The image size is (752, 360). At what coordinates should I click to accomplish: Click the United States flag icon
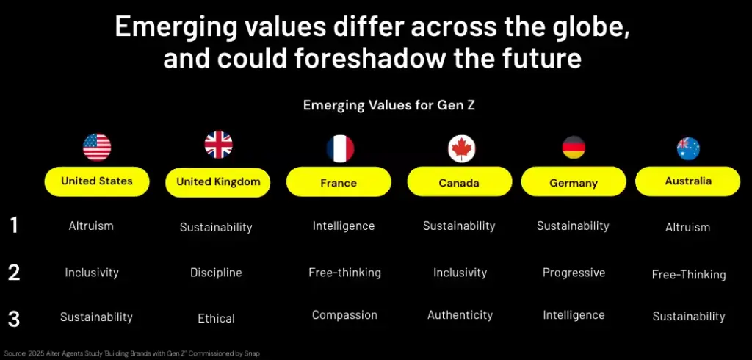97,147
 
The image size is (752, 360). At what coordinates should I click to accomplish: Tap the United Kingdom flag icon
218,145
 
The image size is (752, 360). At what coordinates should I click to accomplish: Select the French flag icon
339,148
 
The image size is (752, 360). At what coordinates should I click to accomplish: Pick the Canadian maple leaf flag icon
461,148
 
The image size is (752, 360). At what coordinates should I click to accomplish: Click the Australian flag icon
688,148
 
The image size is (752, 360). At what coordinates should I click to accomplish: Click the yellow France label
339,182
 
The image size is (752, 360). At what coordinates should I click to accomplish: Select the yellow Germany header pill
573,183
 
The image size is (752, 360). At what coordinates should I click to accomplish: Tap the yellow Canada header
459,182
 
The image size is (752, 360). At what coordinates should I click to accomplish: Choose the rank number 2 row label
14,273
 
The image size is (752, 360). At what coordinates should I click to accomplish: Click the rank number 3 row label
14,319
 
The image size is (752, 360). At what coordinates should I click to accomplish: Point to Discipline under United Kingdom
216,273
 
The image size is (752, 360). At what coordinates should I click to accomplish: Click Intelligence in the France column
343,226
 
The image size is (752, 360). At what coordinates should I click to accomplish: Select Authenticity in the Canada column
460,315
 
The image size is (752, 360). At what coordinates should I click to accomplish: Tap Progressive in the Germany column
574,273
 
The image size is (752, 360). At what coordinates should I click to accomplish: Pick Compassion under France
344,315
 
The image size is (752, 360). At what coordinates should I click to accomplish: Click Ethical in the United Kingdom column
216,319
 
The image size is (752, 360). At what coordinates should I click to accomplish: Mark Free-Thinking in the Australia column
688,275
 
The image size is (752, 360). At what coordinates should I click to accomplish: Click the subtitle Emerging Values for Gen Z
389,106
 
